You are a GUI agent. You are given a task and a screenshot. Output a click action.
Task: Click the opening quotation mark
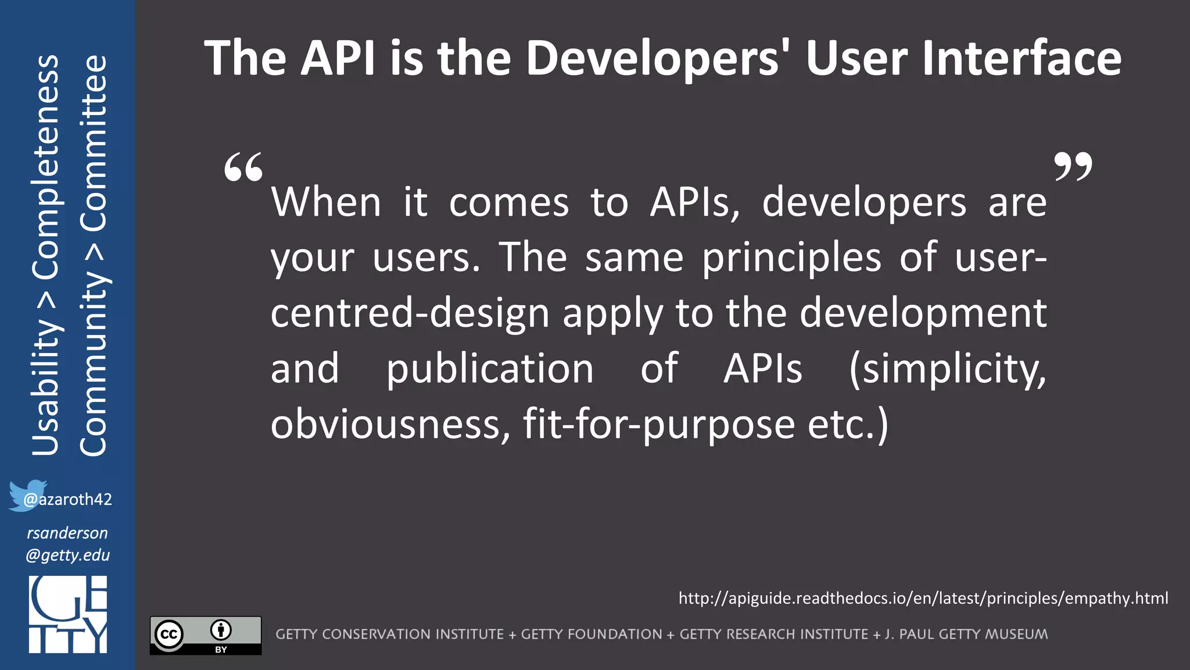tap(243, 167)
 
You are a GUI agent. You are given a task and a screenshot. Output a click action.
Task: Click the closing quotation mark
tap(1073, 167)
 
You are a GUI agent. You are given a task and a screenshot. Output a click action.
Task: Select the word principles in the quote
tap(791, 258)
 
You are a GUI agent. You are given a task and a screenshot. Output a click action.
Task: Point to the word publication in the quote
tap(489, 369)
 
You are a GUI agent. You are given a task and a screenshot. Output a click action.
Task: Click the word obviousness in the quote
tap(390, 424)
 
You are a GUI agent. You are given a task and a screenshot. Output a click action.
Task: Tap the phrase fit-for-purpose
tap(658, 424)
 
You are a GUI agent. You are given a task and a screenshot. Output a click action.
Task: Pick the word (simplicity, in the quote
tap(947, 369)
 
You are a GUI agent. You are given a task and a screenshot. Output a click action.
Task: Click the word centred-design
tap(410, 313)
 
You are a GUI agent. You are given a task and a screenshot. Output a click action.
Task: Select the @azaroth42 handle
tap(67, 500)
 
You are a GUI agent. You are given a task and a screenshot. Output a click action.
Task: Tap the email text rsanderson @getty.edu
tap(67, 544)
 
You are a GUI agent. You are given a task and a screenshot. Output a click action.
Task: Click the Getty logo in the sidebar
tap(68, 614)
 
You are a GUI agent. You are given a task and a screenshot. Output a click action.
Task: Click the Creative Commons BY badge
tap(206, 635)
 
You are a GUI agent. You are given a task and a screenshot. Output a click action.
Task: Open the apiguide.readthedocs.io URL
tap(923, 598)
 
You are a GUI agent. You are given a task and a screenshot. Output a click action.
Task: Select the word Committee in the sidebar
tap(94, 143)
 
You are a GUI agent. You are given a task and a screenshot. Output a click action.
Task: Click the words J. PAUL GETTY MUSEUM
tap(966, 634)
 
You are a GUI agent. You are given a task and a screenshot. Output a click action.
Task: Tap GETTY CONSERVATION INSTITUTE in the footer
tap(389, 634)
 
